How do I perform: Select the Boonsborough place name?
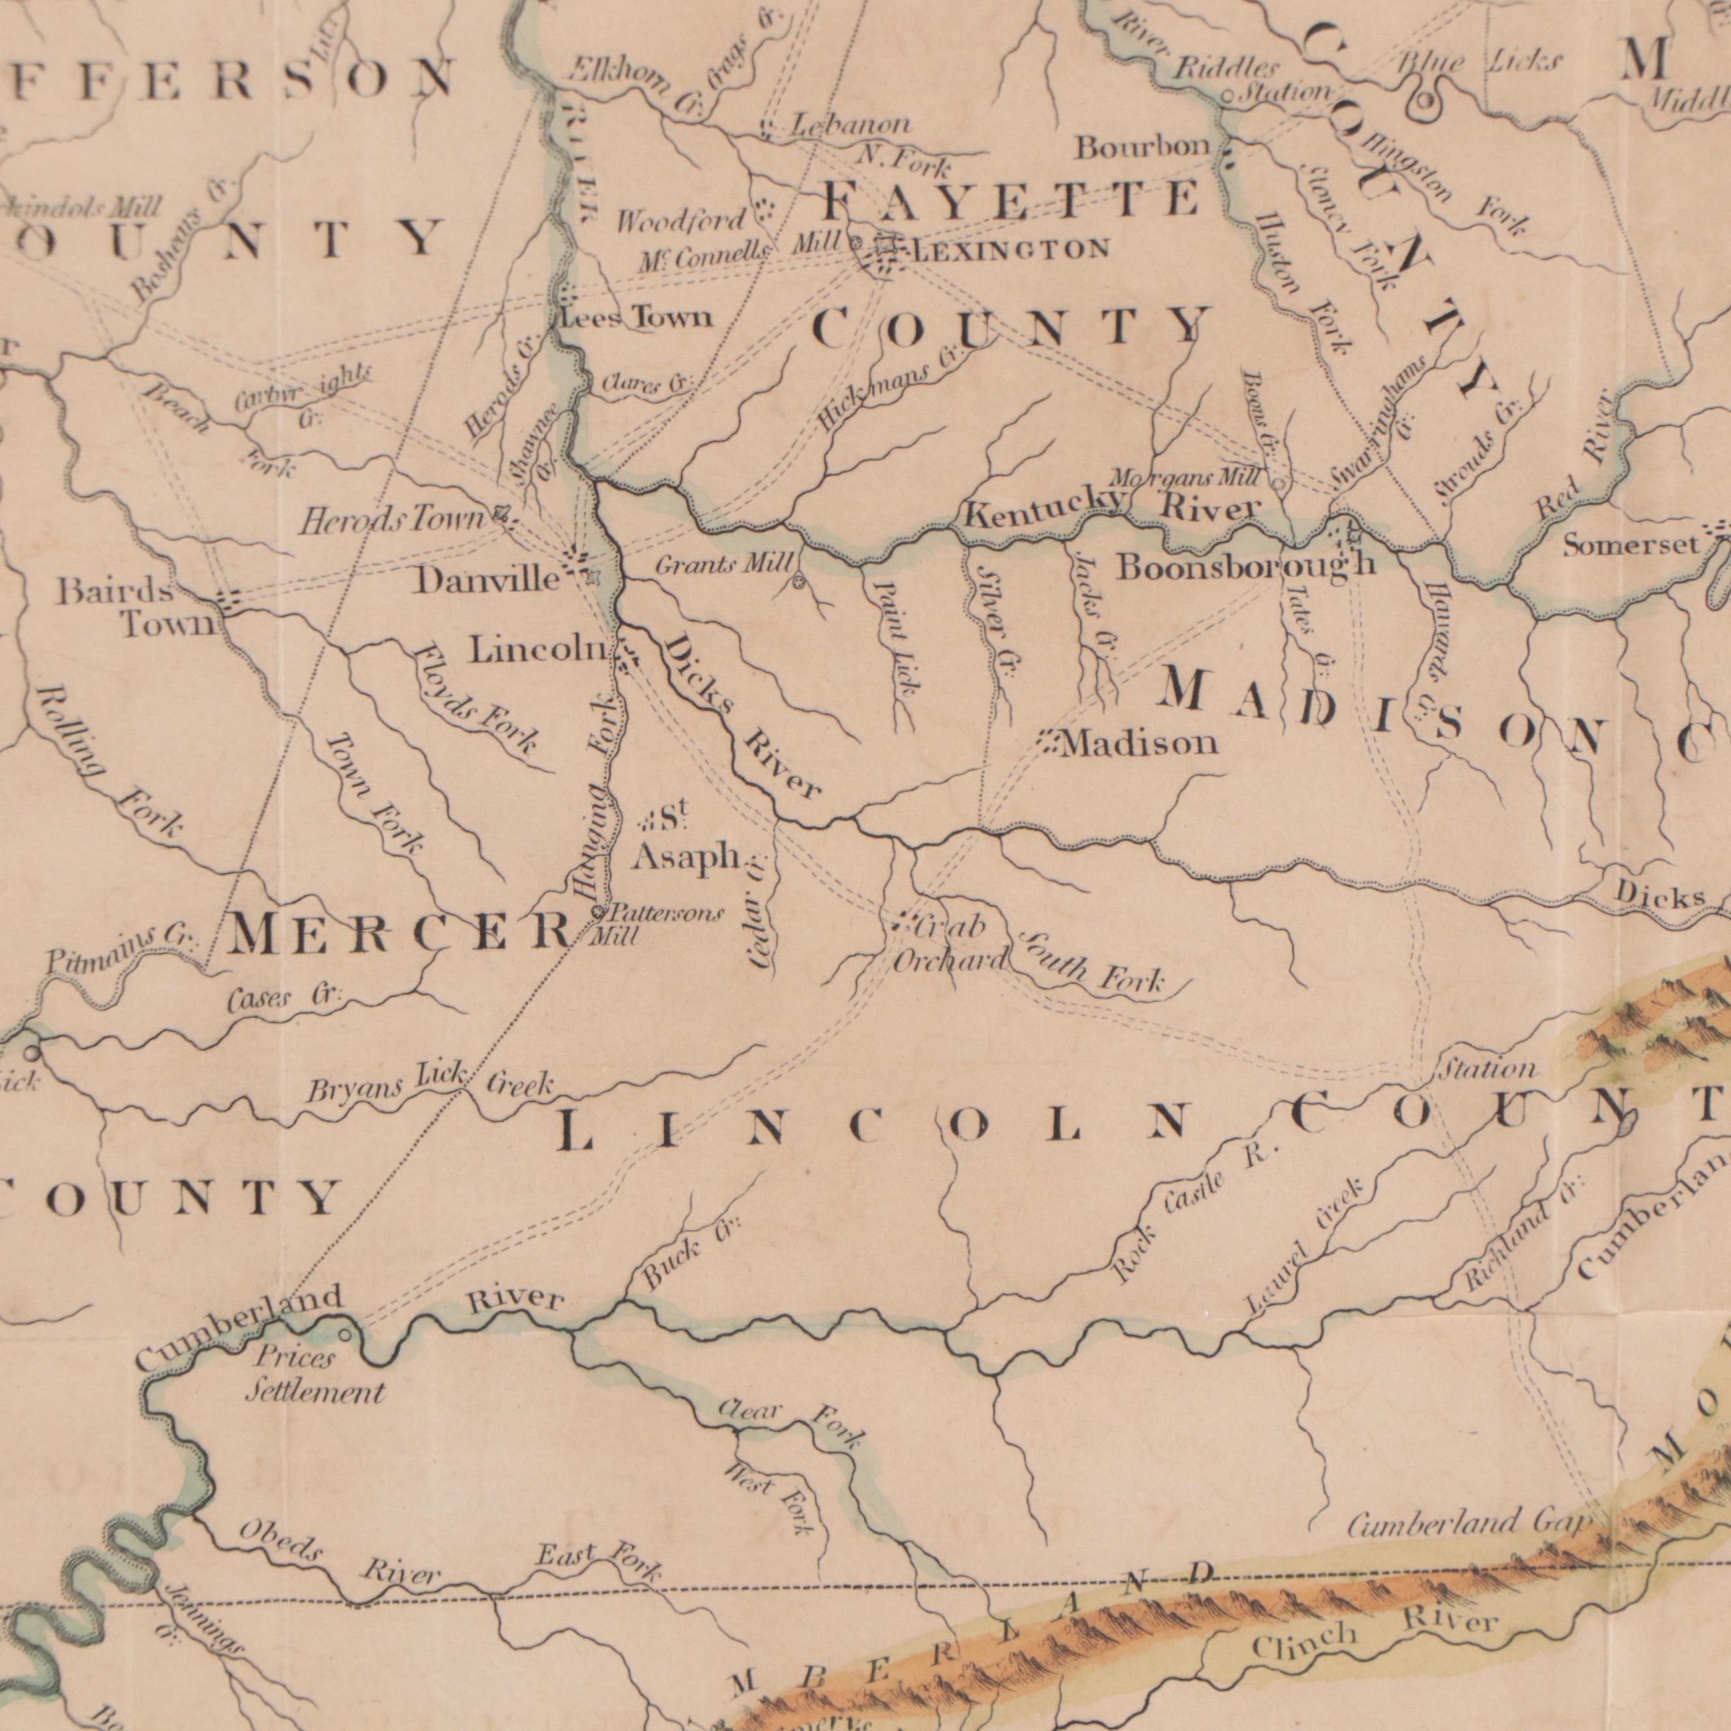(x=1245, y=565)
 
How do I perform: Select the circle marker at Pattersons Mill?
(x=598, y=912)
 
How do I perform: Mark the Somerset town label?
(x=1631, y=545)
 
